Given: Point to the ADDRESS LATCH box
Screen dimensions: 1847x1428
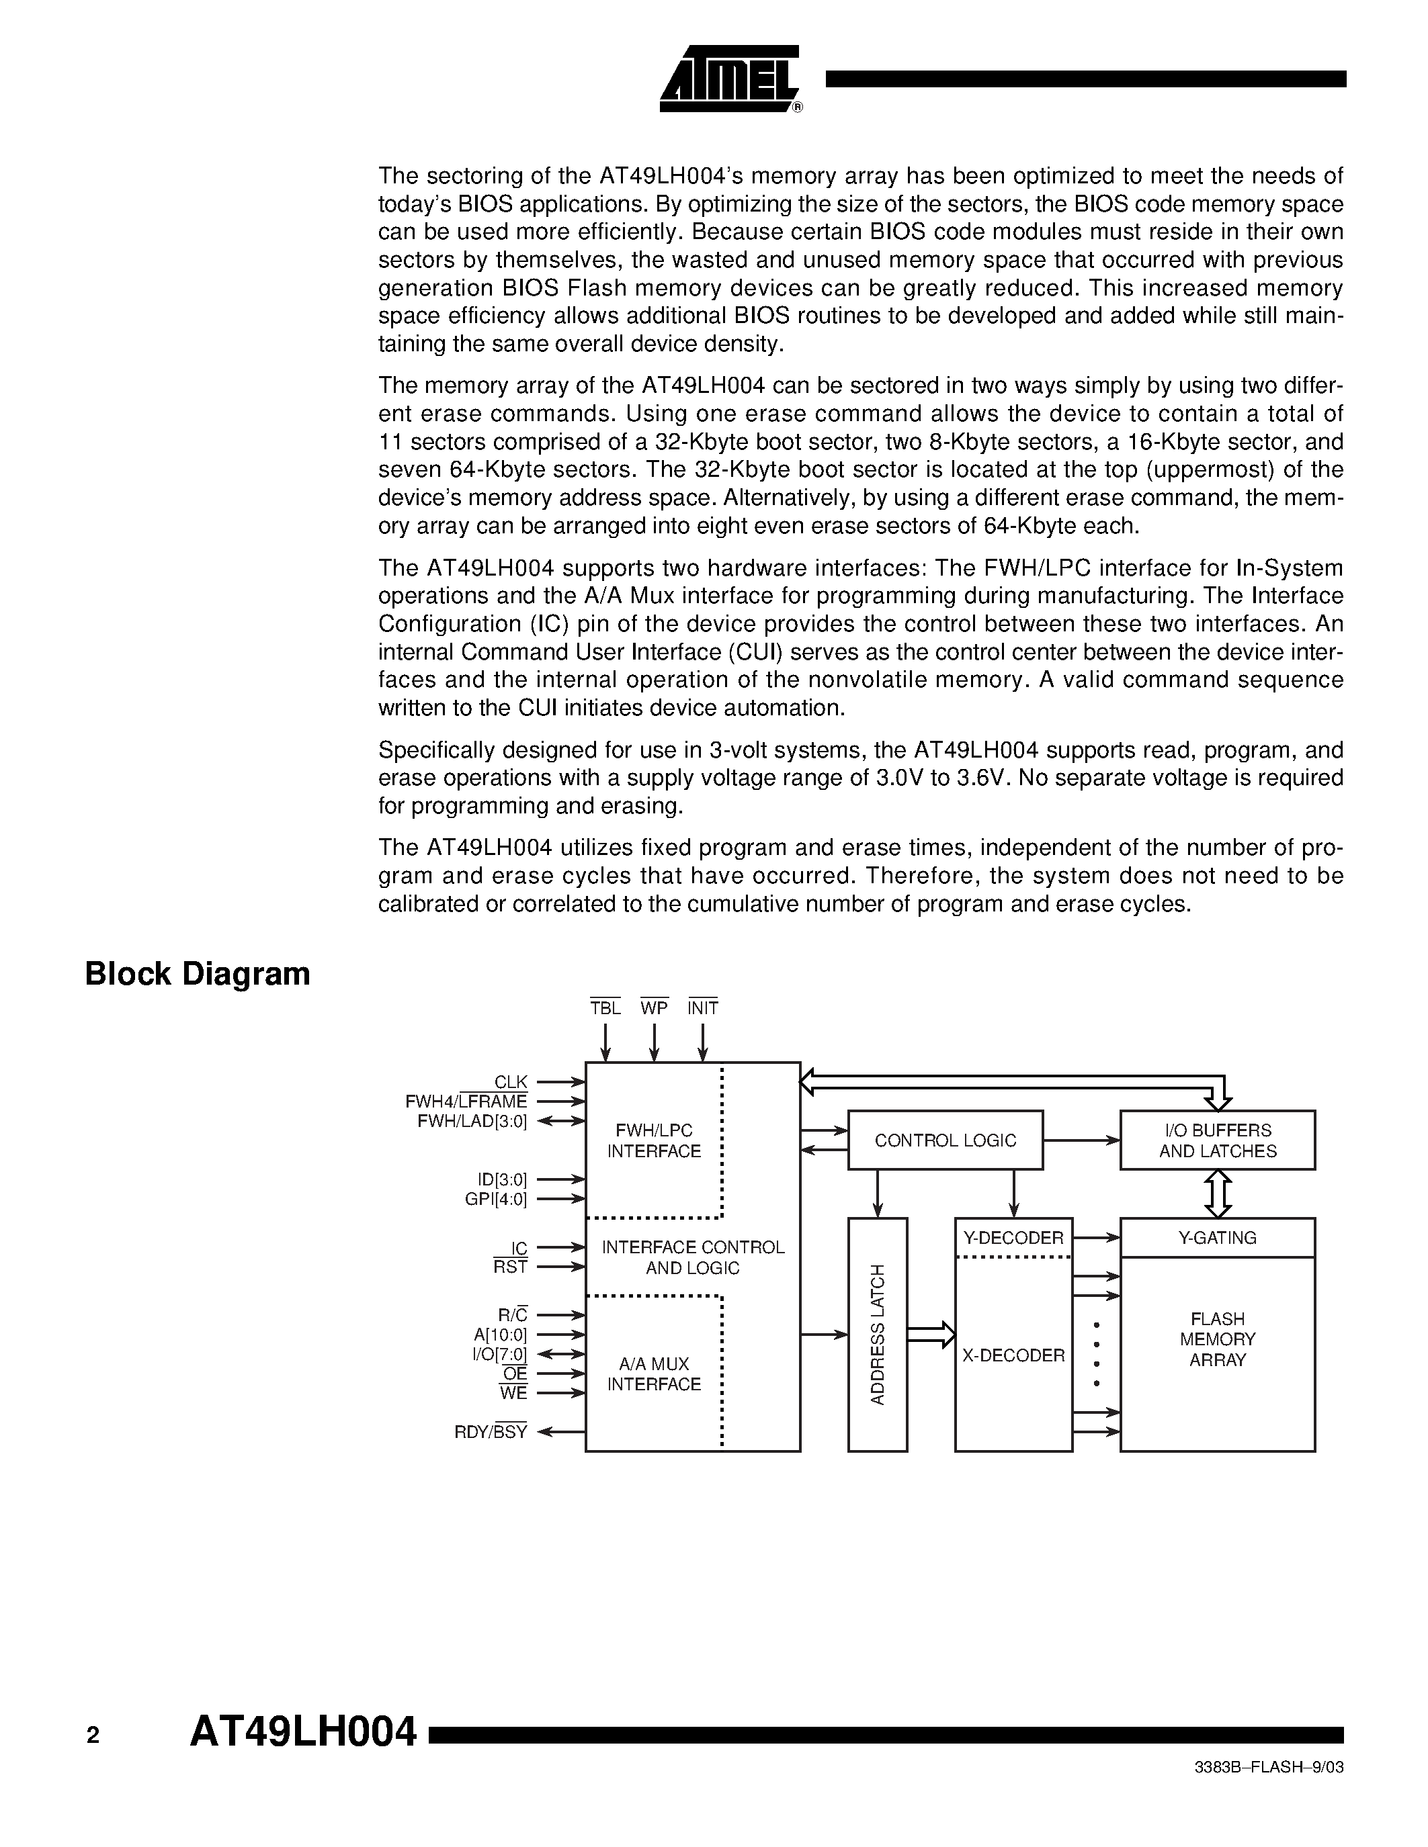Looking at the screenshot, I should coord(877,1335).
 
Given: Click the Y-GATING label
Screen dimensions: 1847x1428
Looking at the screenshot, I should coord(1218,1238).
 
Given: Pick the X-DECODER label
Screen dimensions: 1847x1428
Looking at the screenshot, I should coord(1013,1355).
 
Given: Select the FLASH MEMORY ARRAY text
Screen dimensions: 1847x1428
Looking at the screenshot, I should coord(1218,1340).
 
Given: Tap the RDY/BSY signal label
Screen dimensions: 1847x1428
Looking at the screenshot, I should coord(491,1432).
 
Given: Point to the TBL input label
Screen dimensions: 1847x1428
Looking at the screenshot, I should coord(605,1008).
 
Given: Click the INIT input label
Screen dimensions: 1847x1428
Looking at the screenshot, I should coord(703,1008).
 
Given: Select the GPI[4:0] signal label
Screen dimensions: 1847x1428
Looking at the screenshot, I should coord(496,1199).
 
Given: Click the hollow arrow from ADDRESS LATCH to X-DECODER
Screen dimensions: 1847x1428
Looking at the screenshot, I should coord(931,1335).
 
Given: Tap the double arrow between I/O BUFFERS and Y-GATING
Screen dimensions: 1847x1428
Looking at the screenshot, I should coord(1218,1193).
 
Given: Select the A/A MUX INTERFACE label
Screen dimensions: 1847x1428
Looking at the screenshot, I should coord(654,1373).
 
